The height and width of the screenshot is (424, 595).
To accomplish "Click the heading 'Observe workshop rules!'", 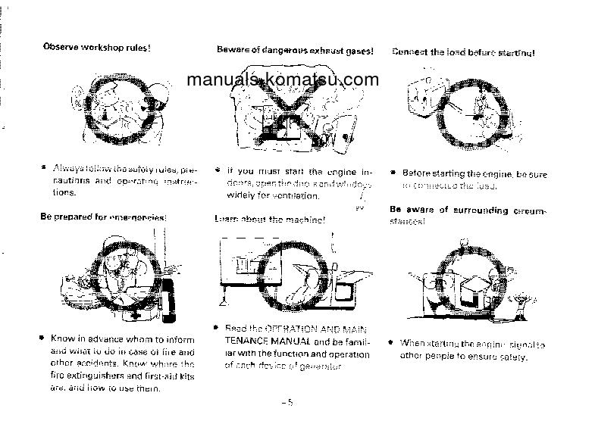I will click(96, 47).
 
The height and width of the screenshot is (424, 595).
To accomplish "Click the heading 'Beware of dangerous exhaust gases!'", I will click(295, 51).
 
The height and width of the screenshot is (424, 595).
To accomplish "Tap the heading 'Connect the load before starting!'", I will click(463, 53).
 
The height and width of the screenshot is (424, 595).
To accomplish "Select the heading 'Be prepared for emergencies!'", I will click(103, 217).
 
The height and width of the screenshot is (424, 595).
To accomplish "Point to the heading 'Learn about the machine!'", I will click(270, 220).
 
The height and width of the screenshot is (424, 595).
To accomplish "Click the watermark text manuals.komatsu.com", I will click(281, 79).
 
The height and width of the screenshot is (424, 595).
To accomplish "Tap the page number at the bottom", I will click(286, 403).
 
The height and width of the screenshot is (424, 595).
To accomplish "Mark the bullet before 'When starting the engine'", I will click(391, 343).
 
